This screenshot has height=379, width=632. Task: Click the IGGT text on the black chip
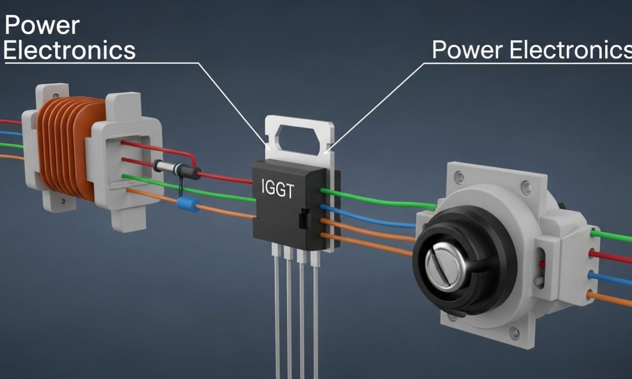point(277,190)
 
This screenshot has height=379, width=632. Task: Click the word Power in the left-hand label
point(41,26)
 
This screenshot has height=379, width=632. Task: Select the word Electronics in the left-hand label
point(69,50)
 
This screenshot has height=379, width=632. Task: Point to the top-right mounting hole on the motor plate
point(526,187)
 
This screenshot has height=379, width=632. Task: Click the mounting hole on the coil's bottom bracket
point(63,202)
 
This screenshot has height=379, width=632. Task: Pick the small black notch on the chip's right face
point(304,218)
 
